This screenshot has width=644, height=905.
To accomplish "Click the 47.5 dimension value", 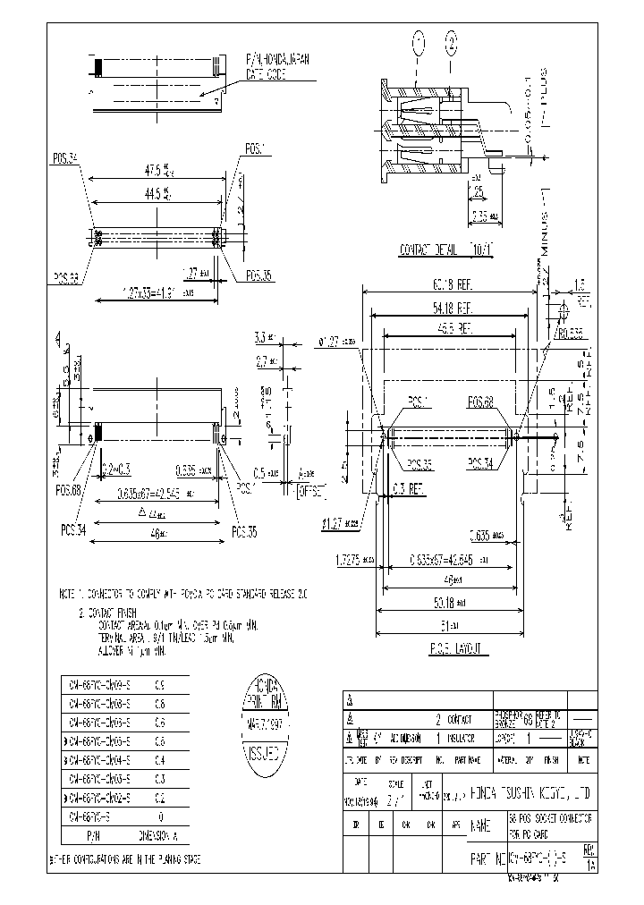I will (157, 167).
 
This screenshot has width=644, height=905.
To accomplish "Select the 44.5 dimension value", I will (157, 191).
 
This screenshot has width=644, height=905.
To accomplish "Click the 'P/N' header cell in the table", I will (90, 833).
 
